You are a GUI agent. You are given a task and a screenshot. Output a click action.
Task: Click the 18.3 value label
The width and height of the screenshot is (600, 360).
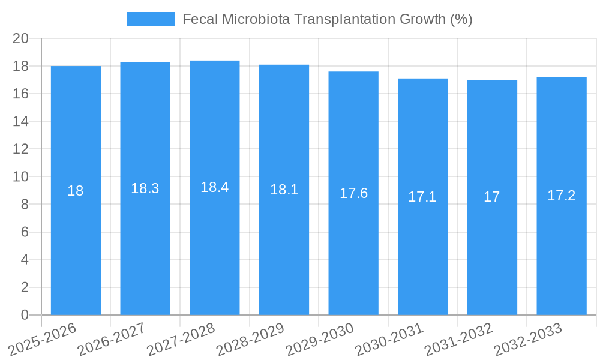pos(145,188)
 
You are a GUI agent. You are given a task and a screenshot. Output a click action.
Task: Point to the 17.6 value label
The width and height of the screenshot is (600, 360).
pos(353,193)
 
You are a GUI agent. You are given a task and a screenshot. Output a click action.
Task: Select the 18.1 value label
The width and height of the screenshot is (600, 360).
pos(284,190)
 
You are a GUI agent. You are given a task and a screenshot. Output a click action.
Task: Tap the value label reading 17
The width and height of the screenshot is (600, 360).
pos(491,197)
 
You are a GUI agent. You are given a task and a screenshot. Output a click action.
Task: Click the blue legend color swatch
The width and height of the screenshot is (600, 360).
pos(151,19)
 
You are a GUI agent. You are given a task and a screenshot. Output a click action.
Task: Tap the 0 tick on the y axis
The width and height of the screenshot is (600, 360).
pos(25,315)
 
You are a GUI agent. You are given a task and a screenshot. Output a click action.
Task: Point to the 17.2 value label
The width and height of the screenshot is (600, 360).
pos(561,196)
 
